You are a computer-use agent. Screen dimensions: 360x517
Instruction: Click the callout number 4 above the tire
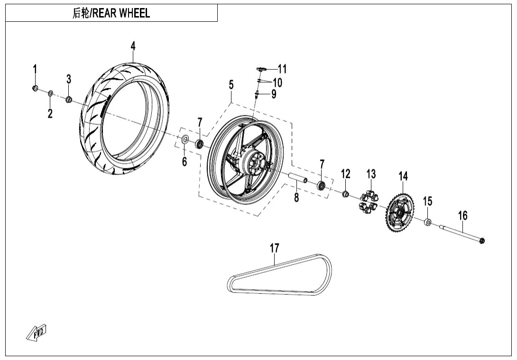tap(133, 46)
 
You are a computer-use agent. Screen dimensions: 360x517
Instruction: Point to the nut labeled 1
tap(35, 88)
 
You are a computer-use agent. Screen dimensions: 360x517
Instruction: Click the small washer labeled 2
tap(51, 92)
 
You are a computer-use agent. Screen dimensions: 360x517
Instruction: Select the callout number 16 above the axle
tap(462, 216)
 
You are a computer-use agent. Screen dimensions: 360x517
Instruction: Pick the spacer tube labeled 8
tap(296, 178)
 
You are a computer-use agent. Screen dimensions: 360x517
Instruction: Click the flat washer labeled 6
tap(185, 139)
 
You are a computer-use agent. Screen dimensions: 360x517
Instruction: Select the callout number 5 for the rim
tap(231, 85)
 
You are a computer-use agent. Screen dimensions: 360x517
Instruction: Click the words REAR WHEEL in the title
tap(121, 13)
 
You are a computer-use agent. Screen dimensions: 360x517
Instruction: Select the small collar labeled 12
tap(346, 194)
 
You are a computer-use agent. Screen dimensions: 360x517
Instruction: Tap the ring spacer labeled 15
tap(428, 222)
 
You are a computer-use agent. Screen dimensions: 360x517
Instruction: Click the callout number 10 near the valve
tap(277, 83)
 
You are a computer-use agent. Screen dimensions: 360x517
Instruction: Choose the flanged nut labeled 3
tap(69, 99)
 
